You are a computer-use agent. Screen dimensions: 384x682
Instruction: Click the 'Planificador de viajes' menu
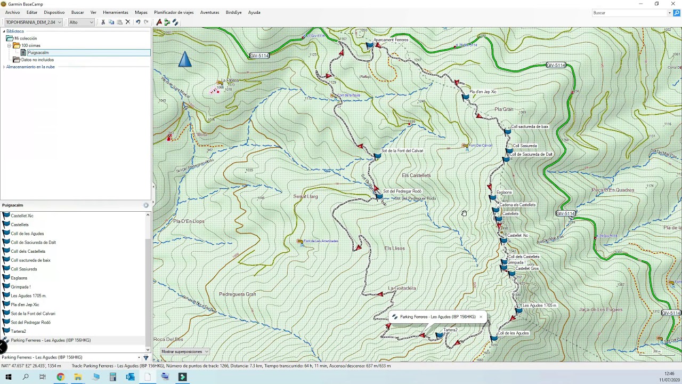pos(174,12)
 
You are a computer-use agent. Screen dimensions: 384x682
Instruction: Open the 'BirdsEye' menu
pos(233,12)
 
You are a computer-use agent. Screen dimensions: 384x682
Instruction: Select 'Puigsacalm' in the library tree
pos(38,52)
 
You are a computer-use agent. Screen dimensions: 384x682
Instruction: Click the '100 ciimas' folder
pos(30,45)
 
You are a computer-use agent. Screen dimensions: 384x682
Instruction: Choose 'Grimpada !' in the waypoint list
pos(21,287)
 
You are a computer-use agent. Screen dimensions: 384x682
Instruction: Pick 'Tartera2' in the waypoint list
pos(18,331)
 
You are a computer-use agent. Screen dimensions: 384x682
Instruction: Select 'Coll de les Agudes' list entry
pos(27,234)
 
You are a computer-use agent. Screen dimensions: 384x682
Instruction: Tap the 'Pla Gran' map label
pos(504,109)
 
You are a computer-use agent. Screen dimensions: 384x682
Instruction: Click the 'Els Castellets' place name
pos(416,175)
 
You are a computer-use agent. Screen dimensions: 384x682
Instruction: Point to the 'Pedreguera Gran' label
pos(238,294)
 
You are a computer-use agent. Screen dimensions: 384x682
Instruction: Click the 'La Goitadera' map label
pos(402,289)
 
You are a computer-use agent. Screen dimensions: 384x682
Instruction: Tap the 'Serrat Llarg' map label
pos(305,197)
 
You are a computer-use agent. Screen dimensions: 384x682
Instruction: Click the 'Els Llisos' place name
pos(394,249)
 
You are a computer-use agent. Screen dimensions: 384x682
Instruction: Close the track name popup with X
pos(481,317)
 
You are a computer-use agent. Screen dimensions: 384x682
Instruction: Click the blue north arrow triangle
pos(184,60)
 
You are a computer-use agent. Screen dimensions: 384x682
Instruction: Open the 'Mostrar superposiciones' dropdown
pos(184,351)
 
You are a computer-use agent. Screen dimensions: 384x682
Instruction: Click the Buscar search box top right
pos(629,13)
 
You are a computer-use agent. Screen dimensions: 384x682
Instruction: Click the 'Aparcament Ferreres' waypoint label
pos(391,40)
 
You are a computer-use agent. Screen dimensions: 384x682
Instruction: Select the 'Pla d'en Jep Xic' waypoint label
pos(483,92)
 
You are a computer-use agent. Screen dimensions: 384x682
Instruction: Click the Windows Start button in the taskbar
pos(8,377)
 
